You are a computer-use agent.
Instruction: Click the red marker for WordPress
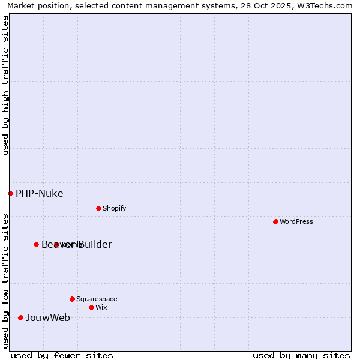click(275, 221)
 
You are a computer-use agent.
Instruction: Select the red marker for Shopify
click(98, 208)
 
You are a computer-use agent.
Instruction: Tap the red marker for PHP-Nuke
click(10, 193)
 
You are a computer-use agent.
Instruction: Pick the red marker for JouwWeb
click(20, 317)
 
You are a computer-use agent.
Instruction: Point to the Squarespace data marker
click(72, 299)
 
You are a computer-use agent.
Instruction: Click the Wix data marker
click(91, 307)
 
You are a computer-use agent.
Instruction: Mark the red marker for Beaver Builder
click(36, 244)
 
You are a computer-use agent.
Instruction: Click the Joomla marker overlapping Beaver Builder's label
click(56, 244)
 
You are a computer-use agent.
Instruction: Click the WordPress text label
click(296, 221)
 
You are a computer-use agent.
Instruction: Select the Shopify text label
click(114, 208)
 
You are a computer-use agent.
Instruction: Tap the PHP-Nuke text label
click(39, 193)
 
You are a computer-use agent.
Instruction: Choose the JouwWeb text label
click(47, 317)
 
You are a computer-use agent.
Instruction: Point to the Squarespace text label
click(97, 299)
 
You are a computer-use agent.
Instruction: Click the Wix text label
click(101, 307)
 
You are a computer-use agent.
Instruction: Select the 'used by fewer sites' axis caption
click(62, 355)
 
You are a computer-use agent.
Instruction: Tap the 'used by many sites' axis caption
click(301, 355)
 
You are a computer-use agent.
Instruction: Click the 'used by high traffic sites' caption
click(5, 85)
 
